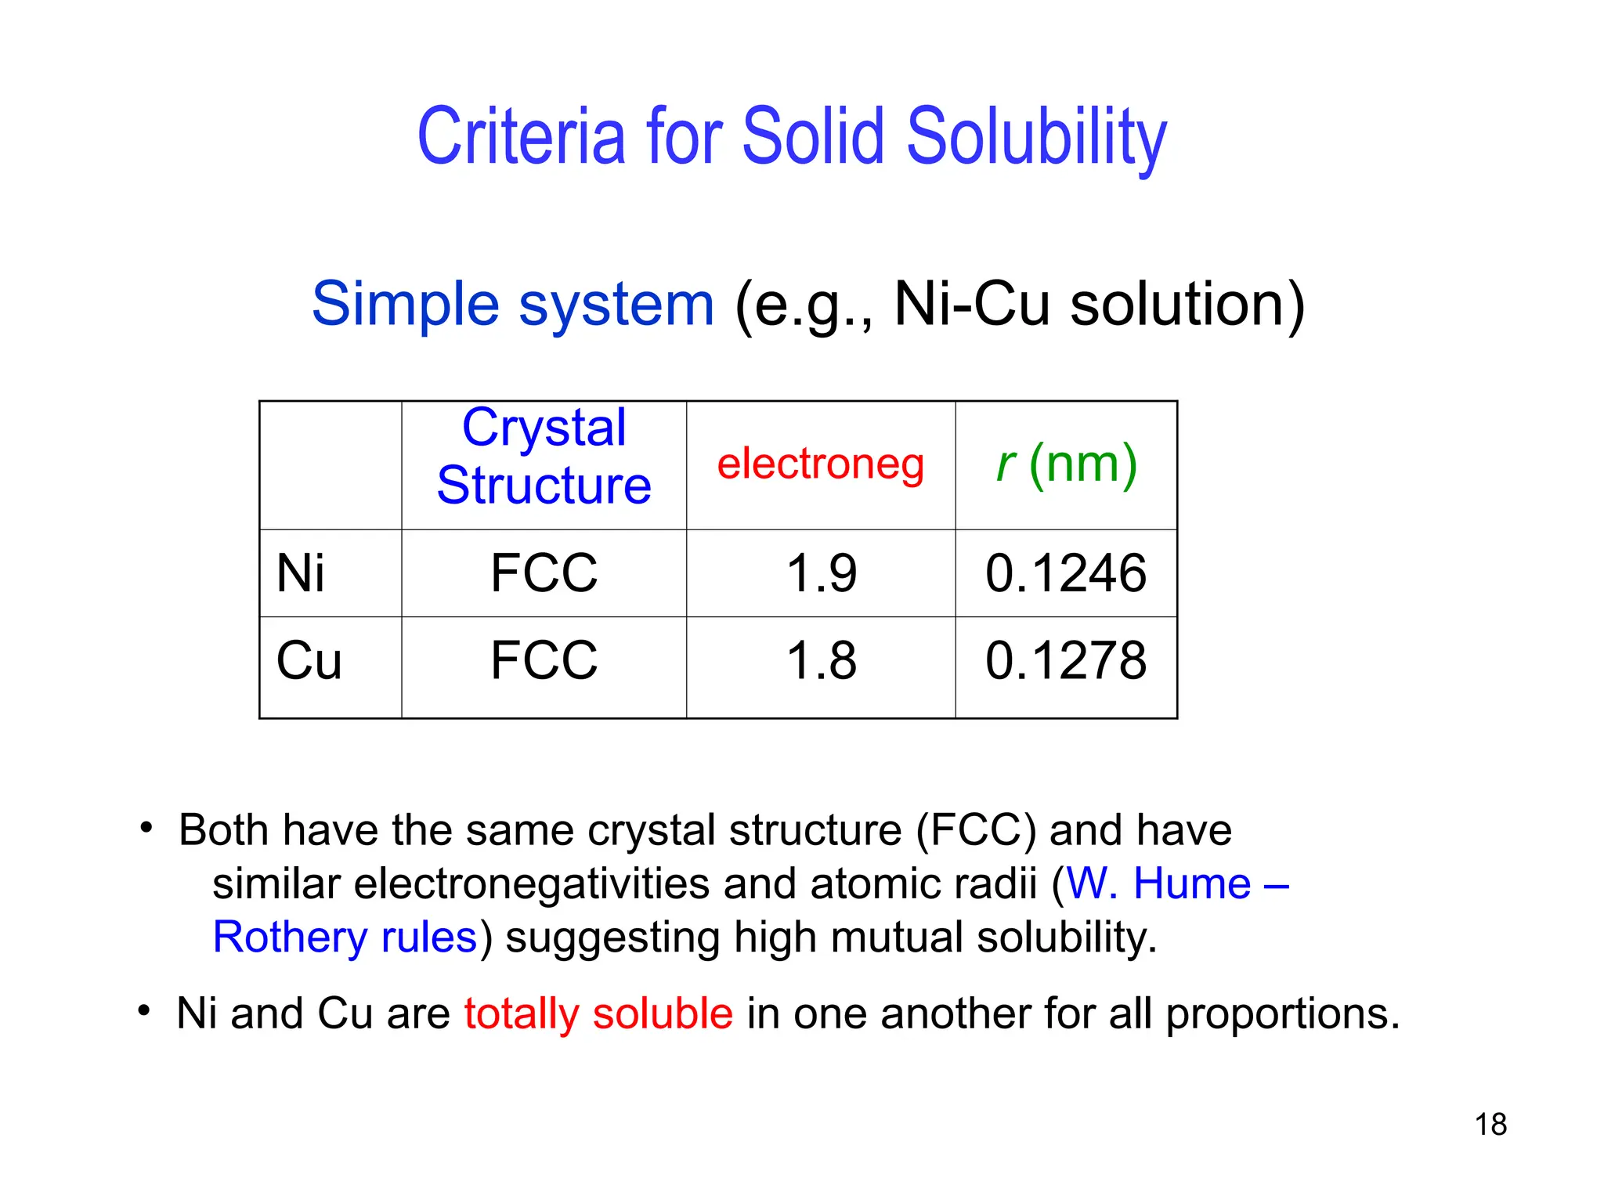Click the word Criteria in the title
pyautogui.click(x=522, y=137)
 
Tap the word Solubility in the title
pyautogui.click(x=1036, y=137)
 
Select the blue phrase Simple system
pyautogui.click(x=513, y=304)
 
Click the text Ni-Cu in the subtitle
pyautogui.click(x=971, y=304)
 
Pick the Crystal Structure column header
pyautogui.click(x=544, y=457)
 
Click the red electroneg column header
pyautogui.click(x=820, y=464)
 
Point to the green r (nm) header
pyautogui.click(x=1066, y=464)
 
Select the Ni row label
pyautogui.click(x=300, y=573)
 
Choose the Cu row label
pyautogui.click(x=309, y=660)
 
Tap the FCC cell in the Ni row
pyautogui.click(x=544, y=573)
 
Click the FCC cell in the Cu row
pyautogui.click(x=544, y=660)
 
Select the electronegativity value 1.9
pyautogui.click(x=821, y=573)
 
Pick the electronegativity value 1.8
pyautogui.click(x=821, y=660)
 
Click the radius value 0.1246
pyautogui.click(x=1066, y=573)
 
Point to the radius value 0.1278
pyautogui.click(x=1066, y=660)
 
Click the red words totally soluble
pyautogui.click(x=598, y=1013)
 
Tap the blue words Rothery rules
pyautogui.click(x=345, y=937)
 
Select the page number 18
pyautogui.click(x=1490, y=1125)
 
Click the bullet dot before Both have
pyautogui.click(x=146, y=827)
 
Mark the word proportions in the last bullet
pyautogui.click(x=1281, y=1013)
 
